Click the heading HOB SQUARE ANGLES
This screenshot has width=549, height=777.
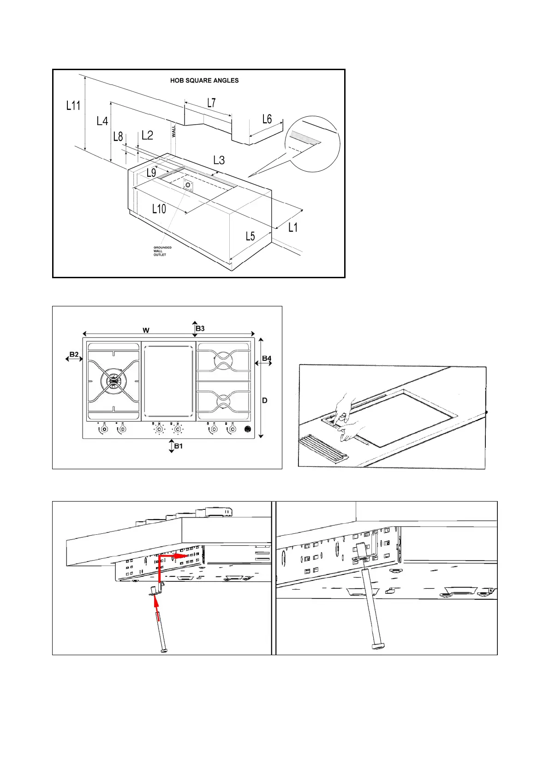point(204,80)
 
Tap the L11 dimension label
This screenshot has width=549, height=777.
point(73,106)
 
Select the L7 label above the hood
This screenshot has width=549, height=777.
point(211,103)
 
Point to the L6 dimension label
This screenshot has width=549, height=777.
point(267,119)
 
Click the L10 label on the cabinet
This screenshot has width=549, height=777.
point(159,209)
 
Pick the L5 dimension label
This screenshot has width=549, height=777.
point(250,237)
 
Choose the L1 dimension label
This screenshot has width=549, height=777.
point(293,227)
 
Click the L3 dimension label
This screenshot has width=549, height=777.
point(219,160)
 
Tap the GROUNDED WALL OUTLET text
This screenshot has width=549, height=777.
point(162,251)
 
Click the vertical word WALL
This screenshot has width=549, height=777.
point(174,131)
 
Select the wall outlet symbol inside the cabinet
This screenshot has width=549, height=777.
point(188,185)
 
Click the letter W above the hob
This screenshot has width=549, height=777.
point(146,330)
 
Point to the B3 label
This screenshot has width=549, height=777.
point(200,329)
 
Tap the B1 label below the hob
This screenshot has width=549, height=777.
point(179,446)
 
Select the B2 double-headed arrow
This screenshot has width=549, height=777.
point(74,359)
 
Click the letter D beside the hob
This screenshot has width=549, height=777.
point(265,400)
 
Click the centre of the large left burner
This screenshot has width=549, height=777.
point(113,380)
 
